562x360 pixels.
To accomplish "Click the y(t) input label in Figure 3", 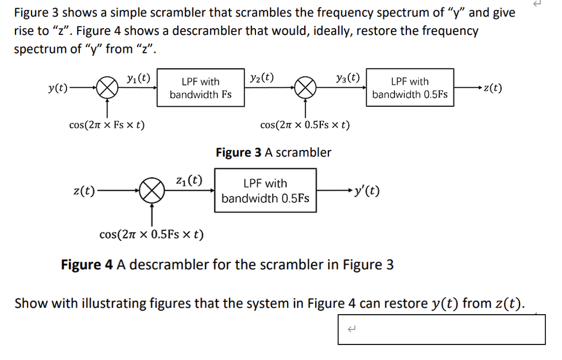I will coord(57,88).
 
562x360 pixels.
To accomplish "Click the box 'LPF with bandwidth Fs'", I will coord(200,88).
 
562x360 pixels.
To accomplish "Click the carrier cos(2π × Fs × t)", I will coord(106,125).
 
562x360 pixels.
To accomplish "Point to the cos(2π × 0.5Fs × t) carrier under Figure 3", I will coord(305,125).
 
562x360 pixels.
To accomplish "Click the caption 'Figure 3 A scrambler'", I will coord(273,153).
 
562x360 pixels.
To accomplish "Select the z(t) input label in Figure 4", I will coord(84,190).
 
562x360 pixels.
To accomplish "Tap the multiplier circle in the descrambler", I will coord(152,190).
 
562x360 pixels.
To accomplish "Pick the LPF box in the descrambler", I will coord(265,191).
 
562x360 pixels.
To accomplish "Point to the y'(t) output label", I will coord(367,190).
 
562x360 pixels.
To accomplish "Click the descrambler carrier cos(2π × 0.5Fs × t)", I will coord(152,235).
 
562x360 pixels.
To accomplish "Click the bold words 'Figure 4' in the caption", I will coord(87,265).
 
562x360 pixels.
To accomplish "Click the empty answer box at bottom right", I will coord(441,329).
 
